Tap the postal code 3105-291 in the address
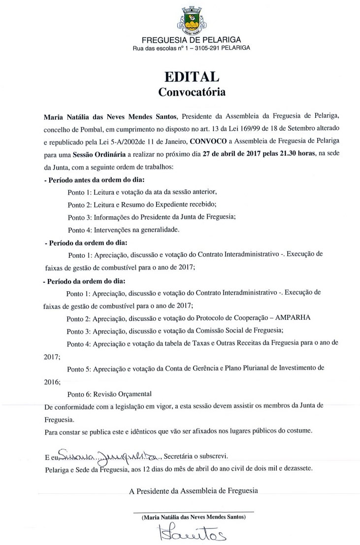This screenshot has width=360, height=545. point(209,48)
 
